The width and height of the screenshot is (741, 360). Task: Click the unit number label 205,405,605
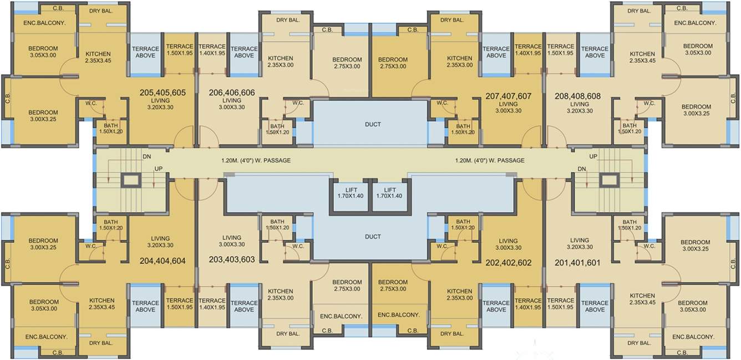163,93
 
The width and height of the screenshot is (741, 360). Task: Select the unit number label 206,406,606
232,93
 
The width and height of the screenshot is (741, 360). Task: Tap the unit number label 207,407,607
508,96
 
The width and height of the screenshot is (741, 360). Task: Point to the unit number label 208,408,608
577,96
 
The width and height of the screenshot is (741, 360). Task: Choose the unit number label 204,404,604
163,260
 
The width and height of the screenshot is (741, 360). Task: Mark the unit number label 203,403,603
232,259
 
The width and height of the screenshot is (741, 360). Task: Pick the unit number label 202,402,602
508,262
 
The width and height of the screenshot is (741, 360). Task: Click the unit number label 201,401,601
577,262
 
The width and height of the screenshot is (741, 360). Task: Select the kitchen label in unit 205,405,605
98,54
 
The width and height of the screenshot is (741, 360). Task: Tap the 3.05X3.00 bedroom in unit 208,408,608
698,49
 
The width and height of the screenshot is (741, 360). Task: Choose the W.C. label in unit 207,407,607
442,103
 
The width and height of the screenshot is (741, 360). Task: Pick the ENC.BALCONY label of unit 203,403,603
341,316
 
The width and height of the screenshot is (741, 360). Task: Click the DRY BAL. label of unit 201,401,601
639,343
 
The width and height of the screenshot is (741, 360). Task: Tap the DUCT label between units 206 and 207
373,124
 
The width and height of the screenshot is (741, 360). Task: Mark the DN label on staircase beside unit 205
146,157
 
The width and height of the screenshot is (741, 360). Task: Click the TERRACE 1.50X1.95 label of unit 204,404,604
180,303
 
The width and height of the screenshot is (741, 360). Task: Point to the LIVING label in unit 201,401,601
579,241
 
